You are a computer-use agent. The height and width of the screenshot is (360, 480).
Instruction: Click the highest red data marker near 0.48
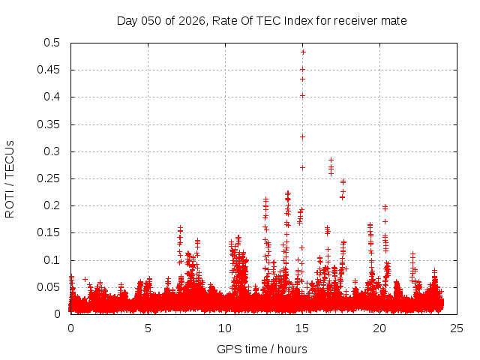click(303, 52)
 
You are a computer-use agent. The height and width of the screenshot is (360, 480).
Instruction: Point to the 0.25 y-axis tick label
click(53, 178)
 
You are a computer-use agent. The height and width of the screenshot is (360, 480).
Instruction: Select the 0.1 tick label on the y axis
click(56, 260)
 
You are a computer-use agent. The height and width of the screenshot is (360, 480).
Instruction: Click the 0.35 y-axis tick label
click(53, 124)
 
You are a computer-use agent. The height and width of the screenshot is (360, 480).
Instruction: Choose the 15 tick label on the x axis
click(302, 328)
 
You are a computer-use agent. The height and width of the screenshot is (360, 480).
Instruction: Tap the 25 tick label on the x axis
click(457, 328)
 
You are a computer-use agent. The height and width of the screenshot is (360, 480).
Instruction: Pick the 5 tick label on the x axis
click(148, 328)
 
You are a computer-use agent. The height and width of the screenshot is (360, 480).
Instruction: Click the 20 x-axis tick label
click(379, 328)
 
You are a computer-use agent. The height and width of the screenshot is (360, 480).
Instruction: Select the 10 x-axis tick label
click(225, 328)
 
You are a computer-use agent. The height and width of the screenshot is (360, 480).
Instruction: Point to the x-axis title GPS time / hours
click(262, 349)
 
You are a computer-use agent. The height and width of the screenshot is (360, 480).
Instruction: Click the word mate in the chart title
click(394, 20)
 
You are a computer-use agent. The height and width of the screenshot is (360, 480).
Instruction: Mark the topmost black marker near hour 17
click(331, 160)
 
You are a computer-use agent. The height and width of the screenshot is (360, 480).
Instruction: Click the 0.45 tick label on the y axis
click(53, 70)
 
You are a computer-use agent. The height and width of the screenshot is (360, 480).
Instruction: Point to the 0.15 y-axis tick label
click(53, 233)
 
